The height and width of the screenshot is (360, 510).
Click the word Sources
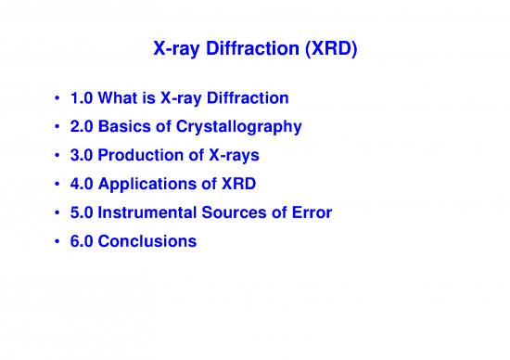pyautogui.click(x=236, y=212)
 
